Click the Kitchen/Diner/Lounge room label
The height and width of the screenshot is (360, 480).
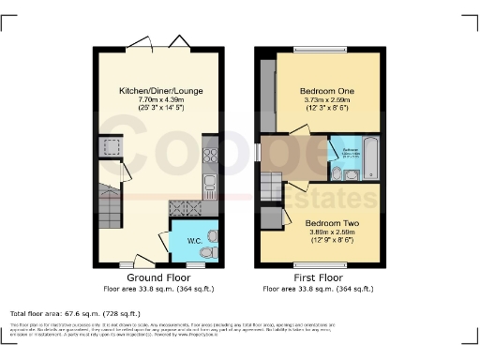(x=157, y=90)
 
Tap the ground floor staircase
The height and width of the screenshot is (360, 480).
(x=109, y=206)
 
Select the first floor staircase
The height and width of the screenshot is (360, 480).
(x=272, y=187)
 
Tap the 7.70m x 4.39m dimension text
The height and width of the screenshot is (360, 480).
(x=157, y=100)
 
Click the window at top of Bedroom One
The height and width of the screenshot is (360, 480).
(x=320, y=49)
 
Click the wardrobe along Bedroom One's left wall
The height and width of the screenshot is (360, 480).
(x=268, y=94)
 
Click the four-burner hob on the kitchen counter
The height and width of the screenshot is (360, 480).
(x=187, y=208)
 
